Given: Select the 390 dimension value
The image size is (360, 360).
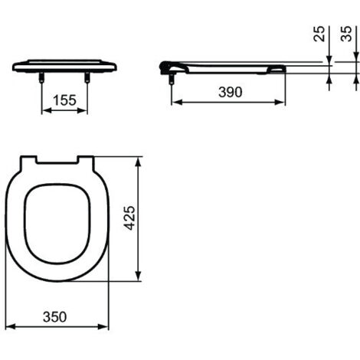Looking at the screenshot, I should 229,92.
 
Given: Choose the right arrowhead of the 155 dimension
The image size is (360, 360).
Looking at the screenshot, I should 85,110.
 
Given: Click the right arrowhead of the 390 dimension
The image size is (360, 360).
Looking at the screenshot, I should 283,103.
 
